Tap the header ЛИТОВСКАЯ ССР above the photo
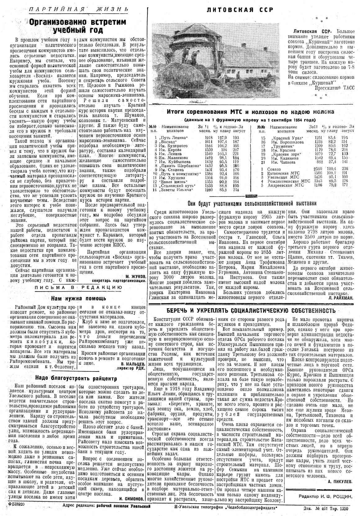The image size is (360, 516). pyautogui.click(x=240, y=10)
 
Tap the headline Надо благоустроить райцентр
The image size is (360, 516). pyautogui.click(x=74, y=378)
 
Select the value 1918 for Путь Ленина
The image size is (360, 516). pyautogui.click(x=208, y=137)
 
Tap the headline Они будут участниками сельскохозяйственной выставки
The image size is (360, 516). pyautogui.click(x=252, y=203)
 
